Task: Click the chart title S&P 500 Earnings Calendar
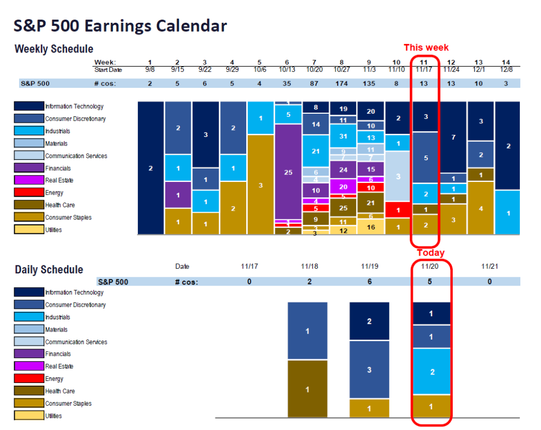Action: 120,25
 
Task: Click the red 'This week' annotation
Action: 426,48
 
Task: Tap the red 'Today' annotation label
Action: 431,253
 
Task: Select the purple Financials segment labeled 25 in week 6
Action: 288,172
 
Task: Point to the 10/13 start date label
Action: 288,70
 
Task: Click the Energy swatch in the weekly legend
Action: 29,193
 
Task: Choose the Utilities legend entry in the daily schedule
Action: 29,416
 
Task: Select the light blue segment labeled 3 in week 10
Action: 398,176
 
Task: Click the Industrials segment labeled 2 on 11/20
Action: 432,372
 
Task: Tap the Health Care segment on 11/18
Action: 307,389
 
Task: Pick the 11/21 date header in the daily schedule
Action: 489,267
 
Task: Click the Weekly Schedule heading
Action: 54,49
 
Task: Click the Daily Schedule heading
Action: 49,270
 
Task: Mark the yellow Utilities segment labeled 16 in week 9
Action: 370,227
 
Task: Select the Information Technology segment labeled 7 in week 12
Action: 453,138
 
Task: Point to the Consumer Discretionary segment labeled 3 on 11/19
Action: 369,370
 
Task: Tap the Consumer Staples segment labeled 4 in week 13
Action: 480,208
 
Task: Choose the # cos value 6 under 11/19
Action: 369,282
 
